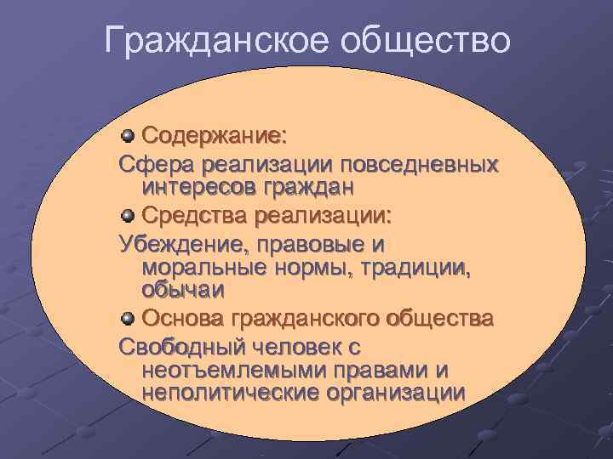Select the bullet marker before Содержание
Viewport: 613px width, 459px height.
coord(128,135)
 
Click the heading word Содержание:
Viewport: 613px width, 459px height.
coord(214,136)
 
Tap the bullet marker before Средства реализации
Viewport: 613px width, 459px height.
coord(128,212)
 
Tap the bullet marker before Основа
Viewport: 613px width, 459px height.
coord(128,319)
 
